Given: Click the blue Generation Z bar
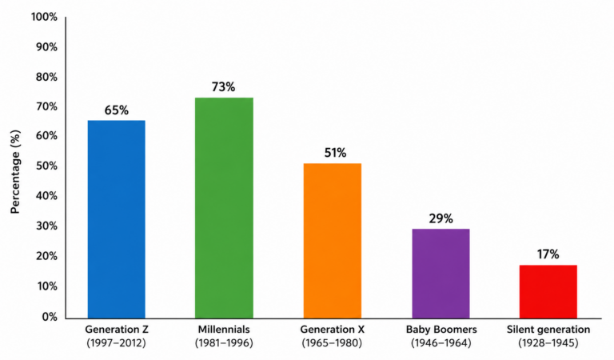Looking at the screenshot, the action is (x=116, y=219).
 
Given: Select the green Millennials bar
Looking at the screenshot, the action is (x=224, y=208).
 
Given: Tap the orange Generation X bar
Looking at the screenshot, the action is (x=333, y=241).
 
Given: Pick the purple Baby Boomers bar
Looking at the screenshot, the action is (x=441, y=274).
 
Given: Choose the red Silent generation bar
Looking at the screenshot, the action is (x=548, y=292).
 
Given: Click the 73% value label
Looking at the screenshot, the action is (x=224, y=87).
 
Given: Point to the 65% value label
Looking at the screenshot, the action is (x=116, y=110).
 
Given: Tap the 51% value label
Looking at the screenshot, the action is (x=335, y=153).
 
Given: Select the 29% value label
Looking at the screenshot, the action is (x=441, y=218).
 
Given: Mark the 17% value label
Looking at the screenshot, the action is (x=548, y=254).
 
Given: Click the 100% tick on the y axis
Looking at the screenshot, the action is (x=44, y=18).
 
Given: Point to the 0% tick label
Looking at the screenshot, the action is (x=50, y=317).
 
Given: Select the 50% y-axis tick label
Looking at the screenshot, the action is (x=46, y=166).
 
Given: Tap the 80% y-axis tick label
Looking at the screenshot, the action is (x=46, y=77).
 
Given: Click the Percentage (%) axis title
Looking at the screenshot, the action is (x=15, y=172).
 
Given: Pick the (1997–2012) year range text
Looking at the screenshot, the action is (x=116, y=343).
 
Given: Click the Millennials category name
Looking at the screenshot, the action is (x=224, y=329).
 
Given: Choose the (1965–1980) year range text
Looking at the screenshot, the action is (x=332, y=343).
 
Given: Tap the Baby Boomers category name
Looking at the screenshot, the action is (x=441, y=330).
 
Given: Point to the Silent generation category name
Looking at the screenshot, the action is (x=548, y=330).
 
